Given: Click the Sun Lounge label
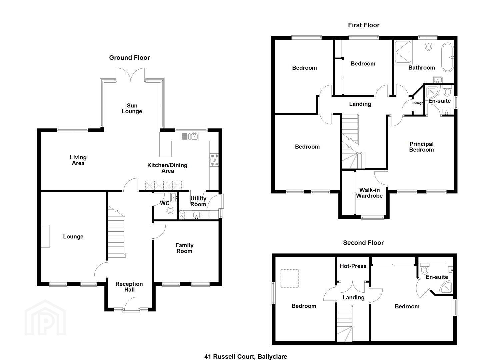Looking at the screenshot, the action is pos(132,108).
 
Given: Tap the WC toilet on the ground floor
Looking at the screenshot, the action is pos(171,210).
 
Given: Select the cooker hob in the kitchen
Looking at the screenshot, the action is pos(214,160).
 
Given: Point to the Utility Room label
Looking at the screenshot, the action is pos(198,201).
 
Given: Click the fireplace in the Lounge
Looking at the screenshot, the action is pos(45,236).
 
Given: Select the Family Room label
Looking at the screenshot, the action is pos(185,248).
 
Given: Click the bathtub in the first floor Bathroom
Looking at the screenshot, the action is pos(447,57).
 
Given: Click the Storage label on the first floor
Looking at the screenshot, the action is pos(418,103).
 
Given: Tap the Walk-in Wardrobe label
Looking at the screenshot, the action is pos(369,193).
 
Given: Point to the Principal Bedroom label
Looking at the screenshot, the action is pos(421,147).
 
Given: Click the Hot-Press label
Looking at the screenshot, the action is pos(353,266).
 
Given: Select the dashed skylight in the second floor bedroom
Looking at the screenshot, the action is pos(290,278).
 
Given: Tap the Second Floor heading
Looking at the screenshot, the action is pos(363,243).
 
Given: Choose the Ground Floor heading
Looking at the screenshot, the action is pos(129,58).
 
